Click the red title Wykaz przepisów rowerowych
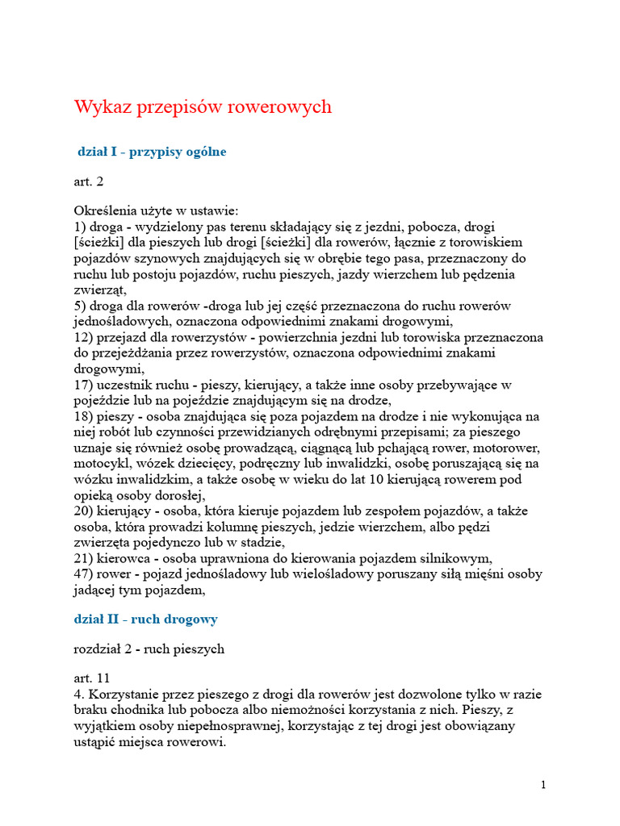coord(203,107)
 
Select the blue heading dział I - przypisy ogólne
coord(152,152)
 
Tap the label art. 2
coord(89,181)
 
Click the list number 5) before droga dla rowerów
coord(81,306)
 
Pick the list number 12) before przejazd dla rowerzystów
coord(84,337)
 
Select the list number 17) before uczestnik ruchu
coord(84,385)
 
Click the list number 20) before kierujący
coord(84,511)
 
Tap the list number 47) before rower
coord(84,574)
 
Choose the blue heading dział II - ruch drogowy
coord(146,619)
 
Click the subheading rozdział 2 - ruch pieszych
coord(149,649)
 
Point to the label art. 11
coord(92,678)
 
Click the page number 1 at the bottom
coord(543,785)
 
